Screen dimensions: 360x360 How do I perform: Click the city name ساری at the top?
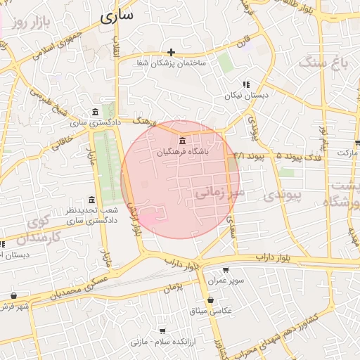pyautogui.click(x=116, y=17)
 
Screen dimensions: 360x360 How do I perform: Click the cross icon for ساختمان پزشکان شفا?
pyautogui.click(x=171, y=52)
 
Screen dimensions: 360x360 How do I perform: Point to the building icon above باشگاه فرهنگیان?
pyautogui.click(x=183, y=140)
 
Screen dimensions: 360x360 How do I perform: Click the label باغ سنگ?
pyautogui.click(x=325, y=63)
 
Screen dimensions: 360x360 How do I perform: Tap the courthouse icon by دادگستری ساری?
pyautogui.click(x=96, y=112)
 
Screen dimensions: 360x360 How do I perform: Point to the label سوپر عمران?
pyautogui.click(x=226, y=281)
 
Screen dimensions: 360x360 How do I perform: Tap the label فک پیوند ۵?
pyautogui.click(x=300, y=155)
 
